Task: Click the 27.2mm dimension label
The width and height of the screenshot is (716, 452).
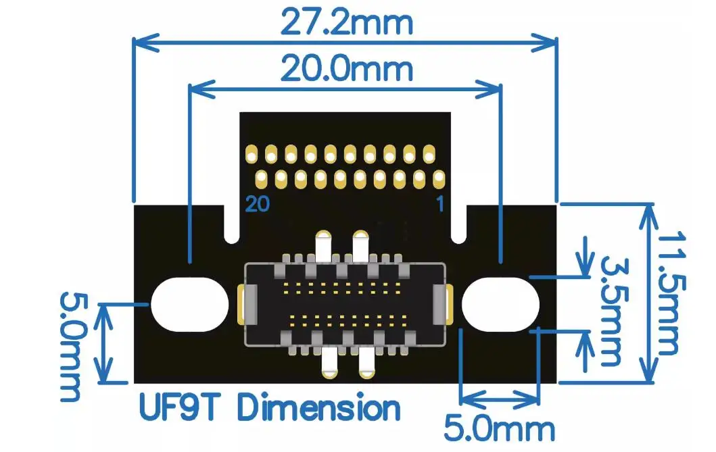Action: click(x=345, y=22)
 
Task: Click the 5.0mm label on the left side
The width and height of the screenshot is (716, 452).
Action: click(x=70, y=346)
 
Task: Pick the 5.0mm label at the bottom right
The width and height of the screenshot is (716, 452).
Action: click(x=499, y=428)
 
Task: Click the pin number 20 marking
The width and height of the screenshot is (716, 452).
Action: click(x=258, y=203)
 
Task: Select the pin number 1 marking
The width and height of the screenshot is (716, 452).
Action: click(x=440, y=203)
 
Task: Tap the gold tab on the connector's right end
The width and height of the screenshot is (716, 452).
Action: click(x=449, y=304)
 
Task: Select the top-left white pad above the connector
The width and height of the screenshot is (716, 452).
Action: click(x=325, y=245)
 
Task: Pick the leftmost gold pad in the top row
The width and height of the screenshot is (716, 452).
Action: click(x=251, y=155)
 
